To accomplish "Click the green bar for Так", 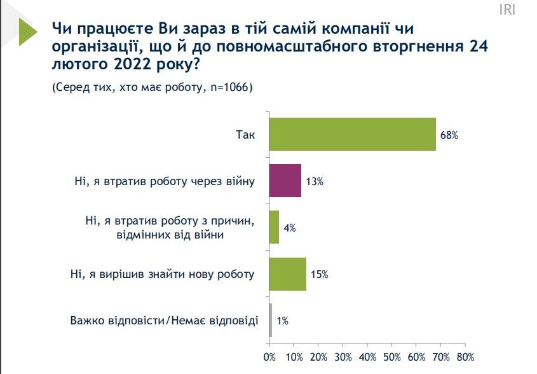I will click(353, 134).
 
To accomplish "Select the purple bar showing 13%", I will click(285, 181).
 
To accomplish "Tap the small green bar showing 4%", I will click(275, 227).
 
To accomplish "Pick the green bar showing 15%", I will click(288, 274).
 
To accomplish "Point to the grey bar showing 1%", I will click(271, 321).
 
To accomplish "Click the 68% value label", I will click(449, 135).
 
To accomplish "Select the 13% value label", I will click(315, 181).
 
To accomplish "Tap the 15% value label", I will click(319, 275).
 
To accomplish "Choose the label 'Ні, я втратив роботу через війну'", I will click(164, 181).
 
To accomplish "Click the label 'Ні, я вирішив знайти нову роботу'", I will click(162, 274).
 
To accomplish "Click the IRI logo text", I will click(506, 10).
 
